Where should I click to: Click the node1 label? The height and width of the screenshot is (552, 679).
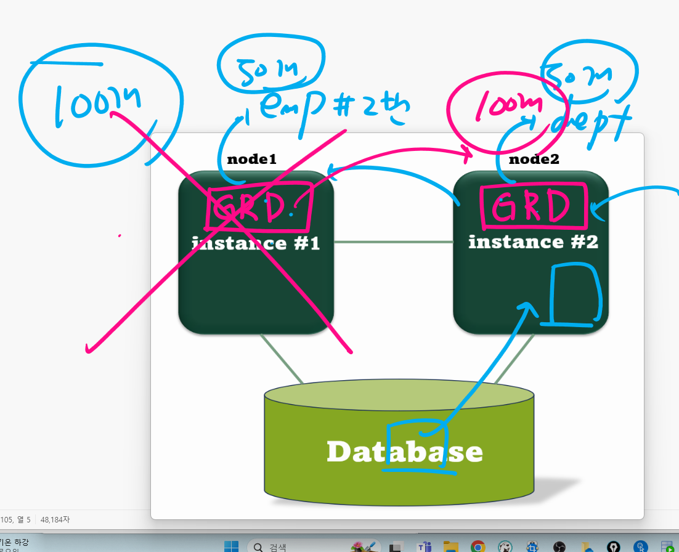coord(251,159)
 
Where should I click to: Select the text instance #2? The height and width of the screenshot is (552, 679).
coord(533,241)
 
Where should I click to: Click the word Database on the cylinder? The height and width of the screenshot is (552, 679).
coord(404,452)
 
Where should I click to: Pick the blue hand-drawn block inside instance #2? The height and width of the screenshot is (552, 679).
coord(575,294)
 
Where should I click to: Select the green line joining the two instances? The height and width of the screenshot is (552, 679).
coord(392,242)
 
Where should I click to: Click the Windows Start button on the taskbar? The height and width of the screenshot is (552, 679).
coord(231,546)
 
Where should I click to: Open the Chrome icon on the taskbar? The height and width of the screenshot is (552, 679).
coord(478,546)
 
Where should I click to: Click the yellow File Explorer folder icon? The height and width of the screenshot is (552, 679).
coord(450,546)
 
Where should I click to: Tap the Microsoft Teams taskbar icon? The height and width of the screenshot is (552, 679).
coord(424,546)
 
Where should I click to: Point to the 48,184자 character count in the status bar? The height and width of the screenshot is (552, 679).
coord(55,519)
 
